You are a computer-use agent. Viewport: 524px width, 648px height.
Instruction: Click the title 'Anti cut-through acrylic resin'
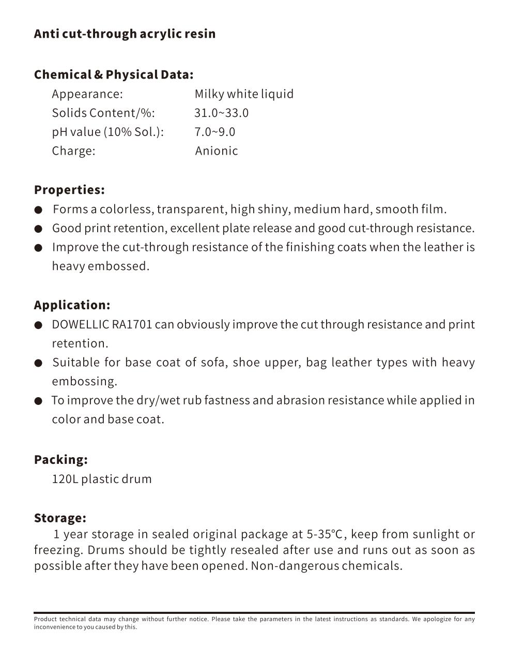tap(125, 34)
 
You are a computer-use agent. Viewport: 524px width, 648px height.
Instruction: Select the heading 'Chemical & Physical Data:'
tap(114, 74)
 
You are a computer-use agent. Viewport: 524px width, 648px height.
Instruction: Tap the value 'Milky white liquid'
tap(244, 94)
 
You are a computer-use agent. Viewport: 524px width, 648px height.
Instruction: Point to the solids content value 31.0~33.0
tap(221, 113)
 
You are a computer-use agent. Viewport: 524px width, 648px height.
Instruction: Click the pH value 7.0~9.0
tap(214, 132)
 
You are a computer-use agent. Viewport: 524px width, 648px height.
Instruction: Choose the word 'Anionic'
tap(217, 151)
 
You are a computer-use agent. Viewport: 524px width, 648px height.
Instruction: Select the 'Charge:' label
tap(73, 151)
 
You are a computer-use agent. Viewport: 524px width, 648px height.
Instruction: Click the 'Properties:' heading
tap(69, 190)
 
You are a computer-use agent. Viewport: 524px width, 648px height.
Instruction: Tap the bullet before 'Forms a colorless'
tap(38, 210)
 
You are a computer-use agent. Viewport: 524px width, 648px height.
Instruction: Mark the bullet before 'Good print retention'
tap(38, 229)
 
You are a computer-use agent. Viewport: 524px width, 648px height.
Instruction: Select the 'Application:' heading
tap(72, 305)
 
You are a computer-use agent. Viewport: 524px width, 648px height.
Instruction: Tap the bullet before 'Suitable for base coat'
tap(38, 363)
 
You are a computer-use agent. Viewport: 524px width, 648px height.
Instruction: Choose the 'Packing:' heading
tap(60, 460)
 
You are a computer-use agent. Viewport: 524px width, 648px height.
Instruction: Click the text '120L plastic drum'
tap(102, 479)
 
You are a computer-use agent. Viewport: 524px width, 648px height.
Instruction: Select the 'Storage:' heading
tap(60, 518)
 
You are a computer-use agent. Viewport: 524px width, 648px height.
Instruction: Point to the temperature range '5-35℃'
tap(325, 534)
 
